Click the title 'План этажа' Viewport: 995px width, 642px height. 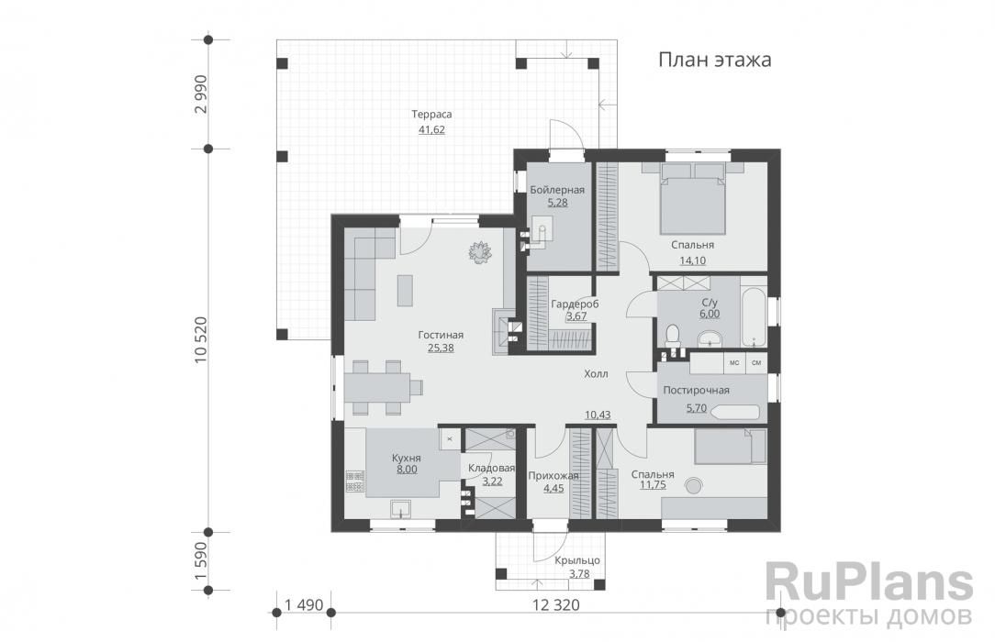click(714, 60)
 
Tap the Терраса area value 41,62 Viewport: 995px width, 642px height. click(431, 130)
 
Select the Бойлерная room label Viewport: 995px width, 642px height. click(557, 190)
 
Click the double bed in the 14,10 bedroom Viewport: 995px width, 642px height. click(692, 198)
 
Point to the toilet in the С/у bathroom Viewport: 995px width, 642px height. click(672, 335)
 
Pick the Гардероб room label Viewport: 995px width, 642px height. click(575, 304)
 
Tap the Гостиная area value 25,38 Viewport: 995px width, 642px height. click(441, 348)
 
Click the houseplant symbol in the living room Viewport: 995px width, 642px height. click(480, 251)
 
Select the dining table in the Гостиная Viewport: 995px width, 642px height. click(377, 387)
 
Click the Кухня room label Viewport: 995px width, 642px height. click(406, 458)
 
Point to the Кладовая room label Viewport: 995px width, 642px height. click(491, 469)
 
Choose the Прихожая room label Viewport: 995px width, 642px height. click(553, 476)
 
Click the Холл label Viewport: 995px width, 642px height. click(596, 374)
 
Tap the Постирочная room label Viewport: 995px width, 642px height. click(696, 391)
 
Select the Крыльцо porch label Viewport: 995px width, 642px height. click(576, 561)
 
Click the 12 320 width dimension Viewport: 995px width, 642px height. click(556, 605)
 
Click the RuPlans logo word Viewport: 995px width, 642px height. click(869, 583)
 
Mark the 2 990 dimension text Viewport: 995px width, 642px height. click(201, 94)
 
